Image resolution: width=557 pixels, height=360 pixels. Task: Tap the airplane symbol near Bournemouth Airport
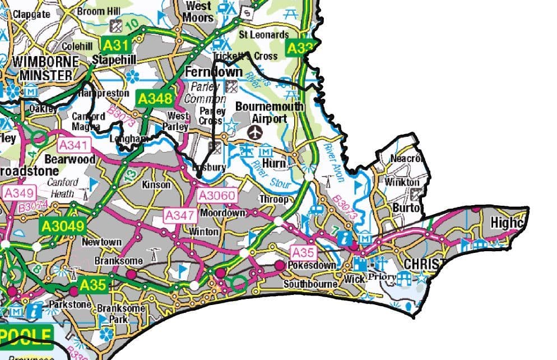point(256,133)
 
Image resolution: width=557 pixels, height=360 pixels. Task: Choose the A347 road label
point(179,215)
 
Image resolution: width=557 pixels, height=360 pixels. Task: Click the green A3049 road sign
point(62,227)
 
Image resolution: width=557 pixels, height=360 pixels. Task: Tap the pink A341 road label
point(73,145)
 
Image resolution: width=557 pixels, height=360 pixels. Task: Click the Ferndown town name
point(214,72)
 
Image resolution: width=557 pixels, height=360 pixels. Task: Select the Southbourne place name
point(311,284)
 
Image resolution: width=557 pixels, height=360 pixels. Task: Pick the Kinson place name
point(156,184)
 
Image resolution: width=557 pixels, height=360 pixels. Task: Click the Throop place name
point(273,199)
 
